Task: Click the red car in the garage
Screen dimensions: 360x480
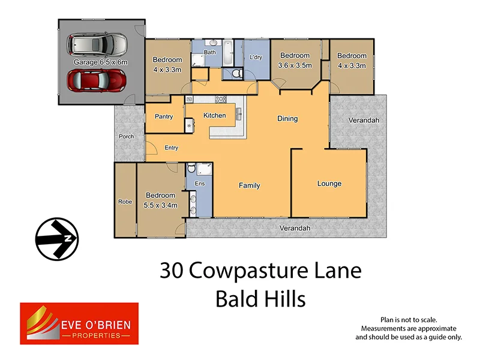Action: pos(97,79)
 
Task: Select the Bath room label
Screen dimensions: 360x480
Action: pos(209,52)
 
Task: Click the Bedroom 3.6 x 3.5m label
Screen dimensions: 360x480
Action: pos(295,61)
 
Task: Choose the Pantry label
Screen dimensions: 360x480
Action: pos(164,116)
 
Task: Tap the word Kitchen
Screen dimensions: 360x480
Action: pos(214,115)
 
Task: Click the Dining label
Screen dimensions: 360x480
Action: pos(287,118)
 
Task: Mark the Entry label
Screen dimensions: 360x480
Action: pos(171,148)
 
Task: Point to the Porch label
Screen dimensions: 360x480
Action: pos(127,136)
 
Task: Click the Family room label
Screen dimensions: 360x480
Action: pos(250,185)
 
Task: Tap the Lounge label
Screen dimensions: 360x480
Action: pos(329,184)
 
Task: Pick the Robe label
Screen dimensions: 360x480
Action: pos(125,202)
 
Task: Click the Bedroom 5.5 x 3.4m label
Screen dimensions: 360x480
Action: pos(160,199)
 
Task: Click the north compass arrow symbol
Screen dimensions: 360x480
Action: pos(57,238)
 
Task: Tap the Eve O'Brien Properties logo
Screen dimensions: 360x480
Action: pos(79,323)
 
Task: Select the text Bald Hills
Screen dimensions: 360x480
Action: pos(260,298)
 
